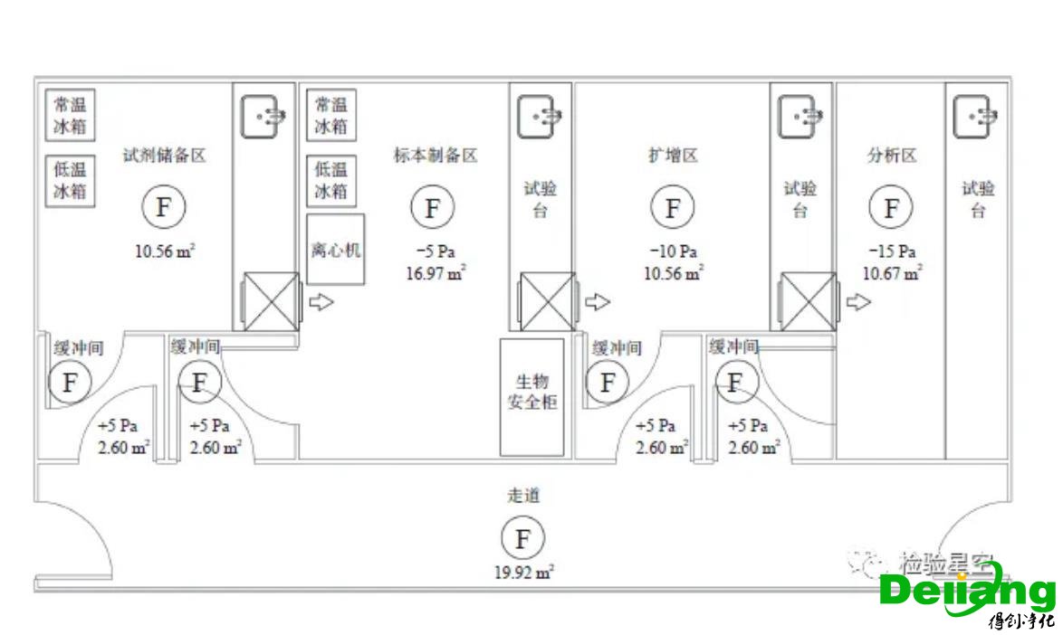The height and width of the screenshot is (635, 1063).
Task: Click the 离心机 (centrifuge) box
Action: click(336, 250)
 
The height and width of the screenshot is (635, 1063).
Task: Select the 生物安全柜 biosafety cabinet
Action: click(532, 396)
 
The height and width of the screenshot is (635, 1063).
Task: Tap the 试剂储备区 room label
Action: click(165, 156)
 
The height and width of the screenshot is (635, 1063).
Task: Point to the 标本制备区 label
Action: click(435, 156)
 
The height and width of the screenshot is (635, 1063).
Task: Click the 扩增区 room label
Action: click(672, 156)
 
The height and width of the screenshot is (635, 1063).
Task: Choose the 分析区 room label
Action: click(892, 156)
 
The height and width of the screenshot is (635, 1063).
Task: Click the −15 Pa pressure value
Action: click(892, 251)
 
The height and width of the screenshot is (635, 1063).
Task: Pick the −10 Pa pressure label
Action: click(672, 251)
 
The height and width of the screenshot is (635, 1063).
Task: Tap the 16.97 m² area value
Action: click(435, 272)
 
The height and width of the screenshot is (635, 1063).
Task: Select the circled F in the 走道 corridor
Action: click(522, 539)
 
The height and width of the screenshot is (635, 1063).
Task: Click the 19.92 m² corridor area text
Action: click(524, 572)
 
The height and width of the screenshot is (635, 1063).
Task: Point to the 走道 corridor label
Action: click(523, 497)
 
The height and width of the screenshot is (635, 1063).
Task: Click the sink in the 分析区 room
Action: click(976, 117)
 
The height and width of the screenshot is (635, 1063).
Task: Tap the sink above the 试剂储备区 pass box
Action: click(263, 117)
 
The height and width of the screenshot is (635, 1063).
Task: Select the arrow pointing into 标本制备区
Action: click(321, 302)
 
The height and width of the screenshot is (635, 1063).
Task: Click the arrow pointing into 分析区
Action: click(857, 302)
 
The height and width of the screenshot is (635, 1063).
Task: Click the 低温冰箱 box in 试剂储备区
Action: click(72, 181)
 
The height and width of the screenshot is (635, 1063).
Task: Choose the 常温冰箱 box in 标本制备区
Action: click(331, 115)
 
